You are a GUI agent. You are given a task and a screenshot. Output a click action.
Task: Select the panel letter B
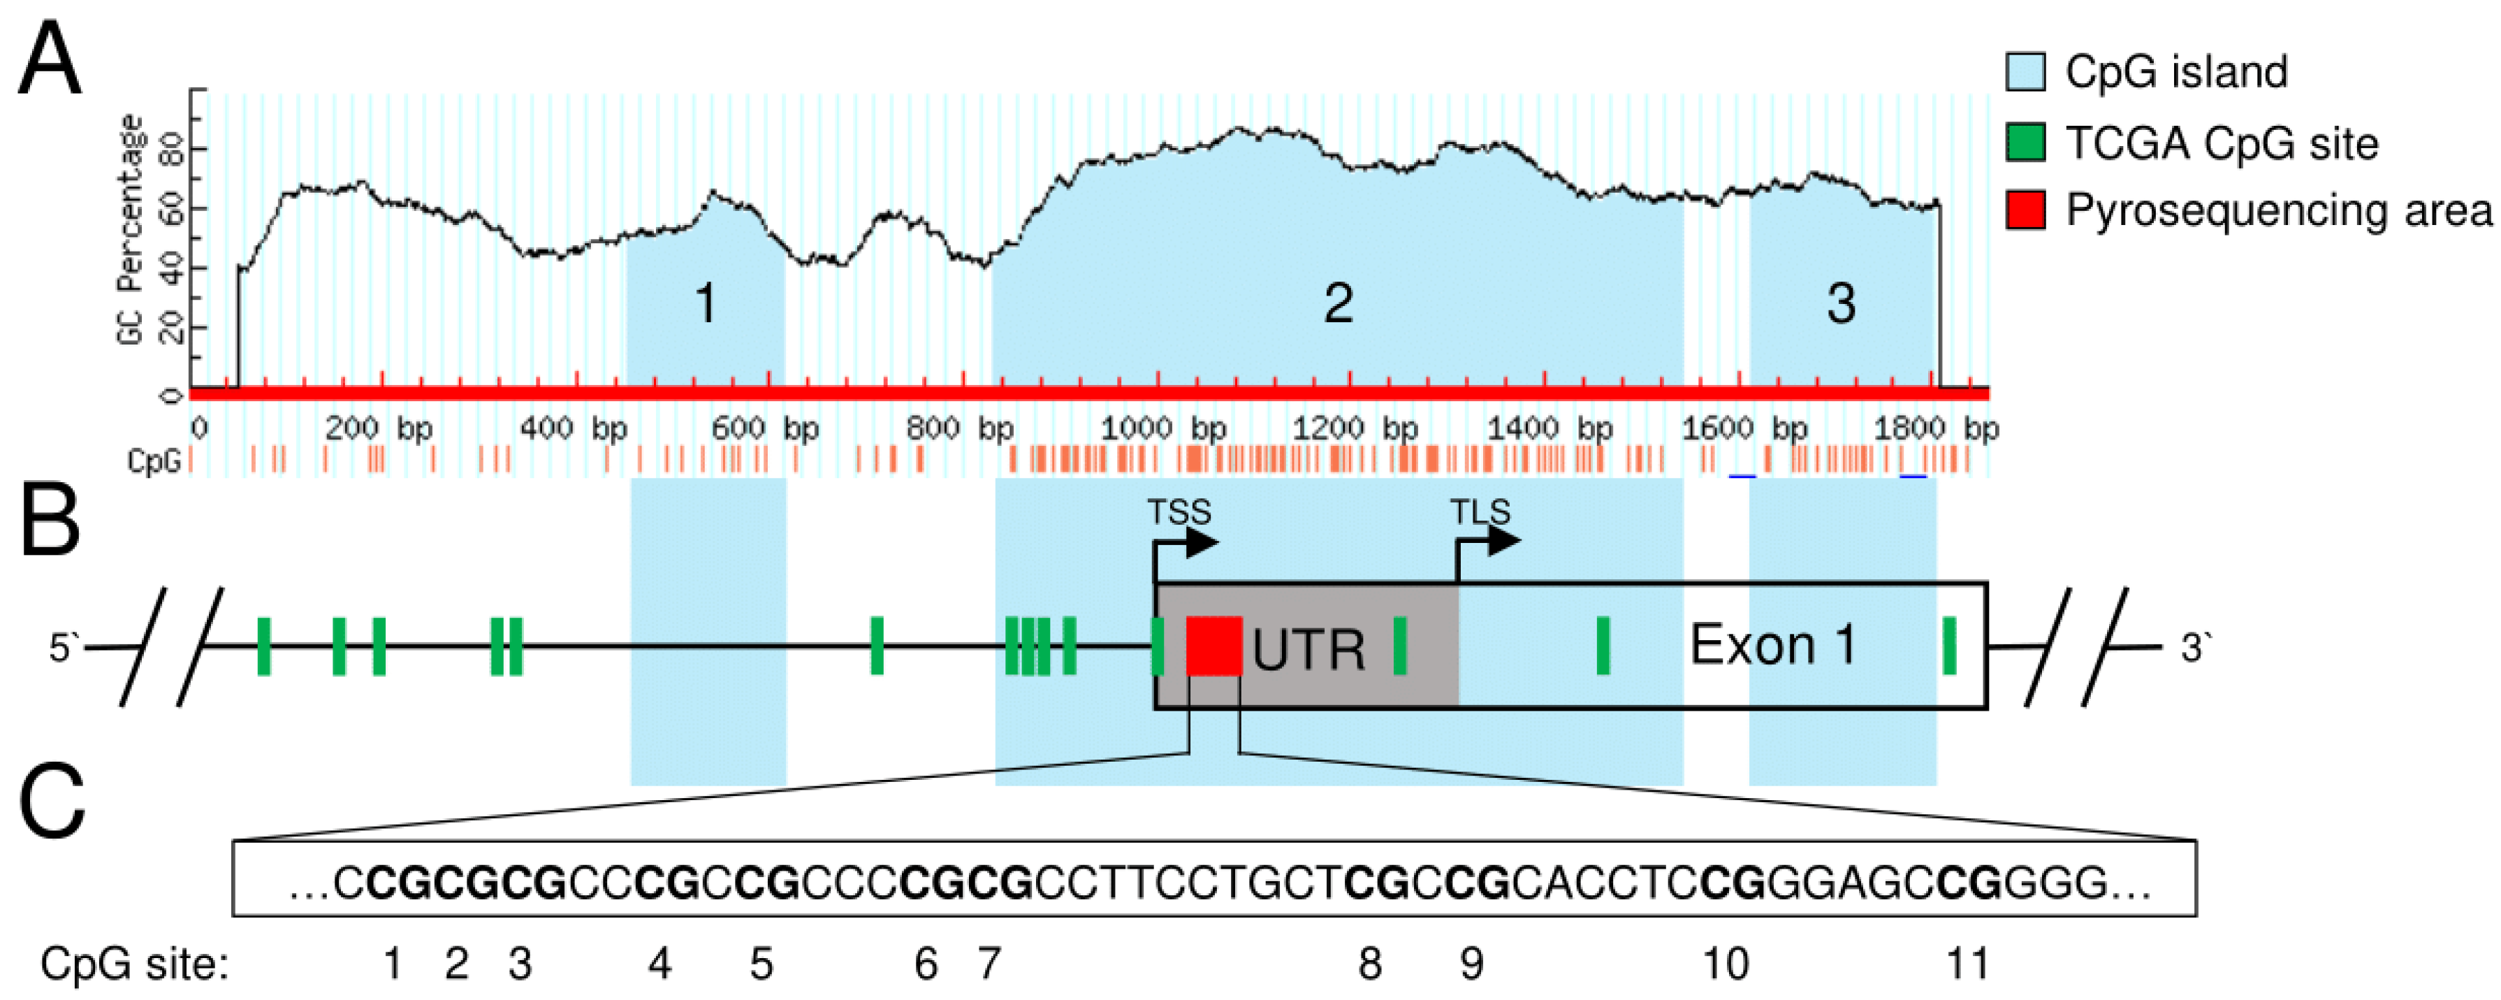click(x=50, y=522)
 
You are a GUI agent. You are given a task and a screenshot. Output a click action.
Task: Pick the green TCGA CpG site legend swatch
click(x=2025, y=143)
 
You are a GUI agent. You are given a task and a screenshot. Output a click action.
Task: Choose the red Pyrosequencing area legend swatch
click(x=2025, y=210)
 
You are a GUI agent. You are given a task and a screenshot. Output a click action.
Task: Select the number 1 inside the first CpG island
click(x=706, y=304)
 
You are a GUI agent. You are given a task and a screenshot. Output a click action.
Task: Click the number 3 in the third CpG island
click(x=1841, y=304)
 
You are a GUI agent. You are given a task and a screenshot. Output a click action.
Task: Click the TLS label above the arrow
click(x=1480, y=512)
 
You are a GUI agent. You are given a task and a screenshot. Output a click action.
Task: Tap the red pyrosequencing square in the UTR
click(x=1213, y=646)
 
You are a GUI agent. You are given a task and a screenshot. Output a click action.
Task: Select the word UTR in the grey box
click(x=1308, y=649)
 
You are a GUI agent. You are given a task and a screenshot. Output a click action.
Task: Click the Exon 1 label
click(x=1773, y=645)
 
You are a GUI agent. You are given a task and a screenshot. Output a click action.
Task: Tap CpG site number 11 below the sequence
click(x=1968, y=965)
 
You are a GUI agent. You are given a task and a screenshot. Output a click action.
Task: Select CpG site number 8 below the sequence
click(x=1369, y=965)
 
